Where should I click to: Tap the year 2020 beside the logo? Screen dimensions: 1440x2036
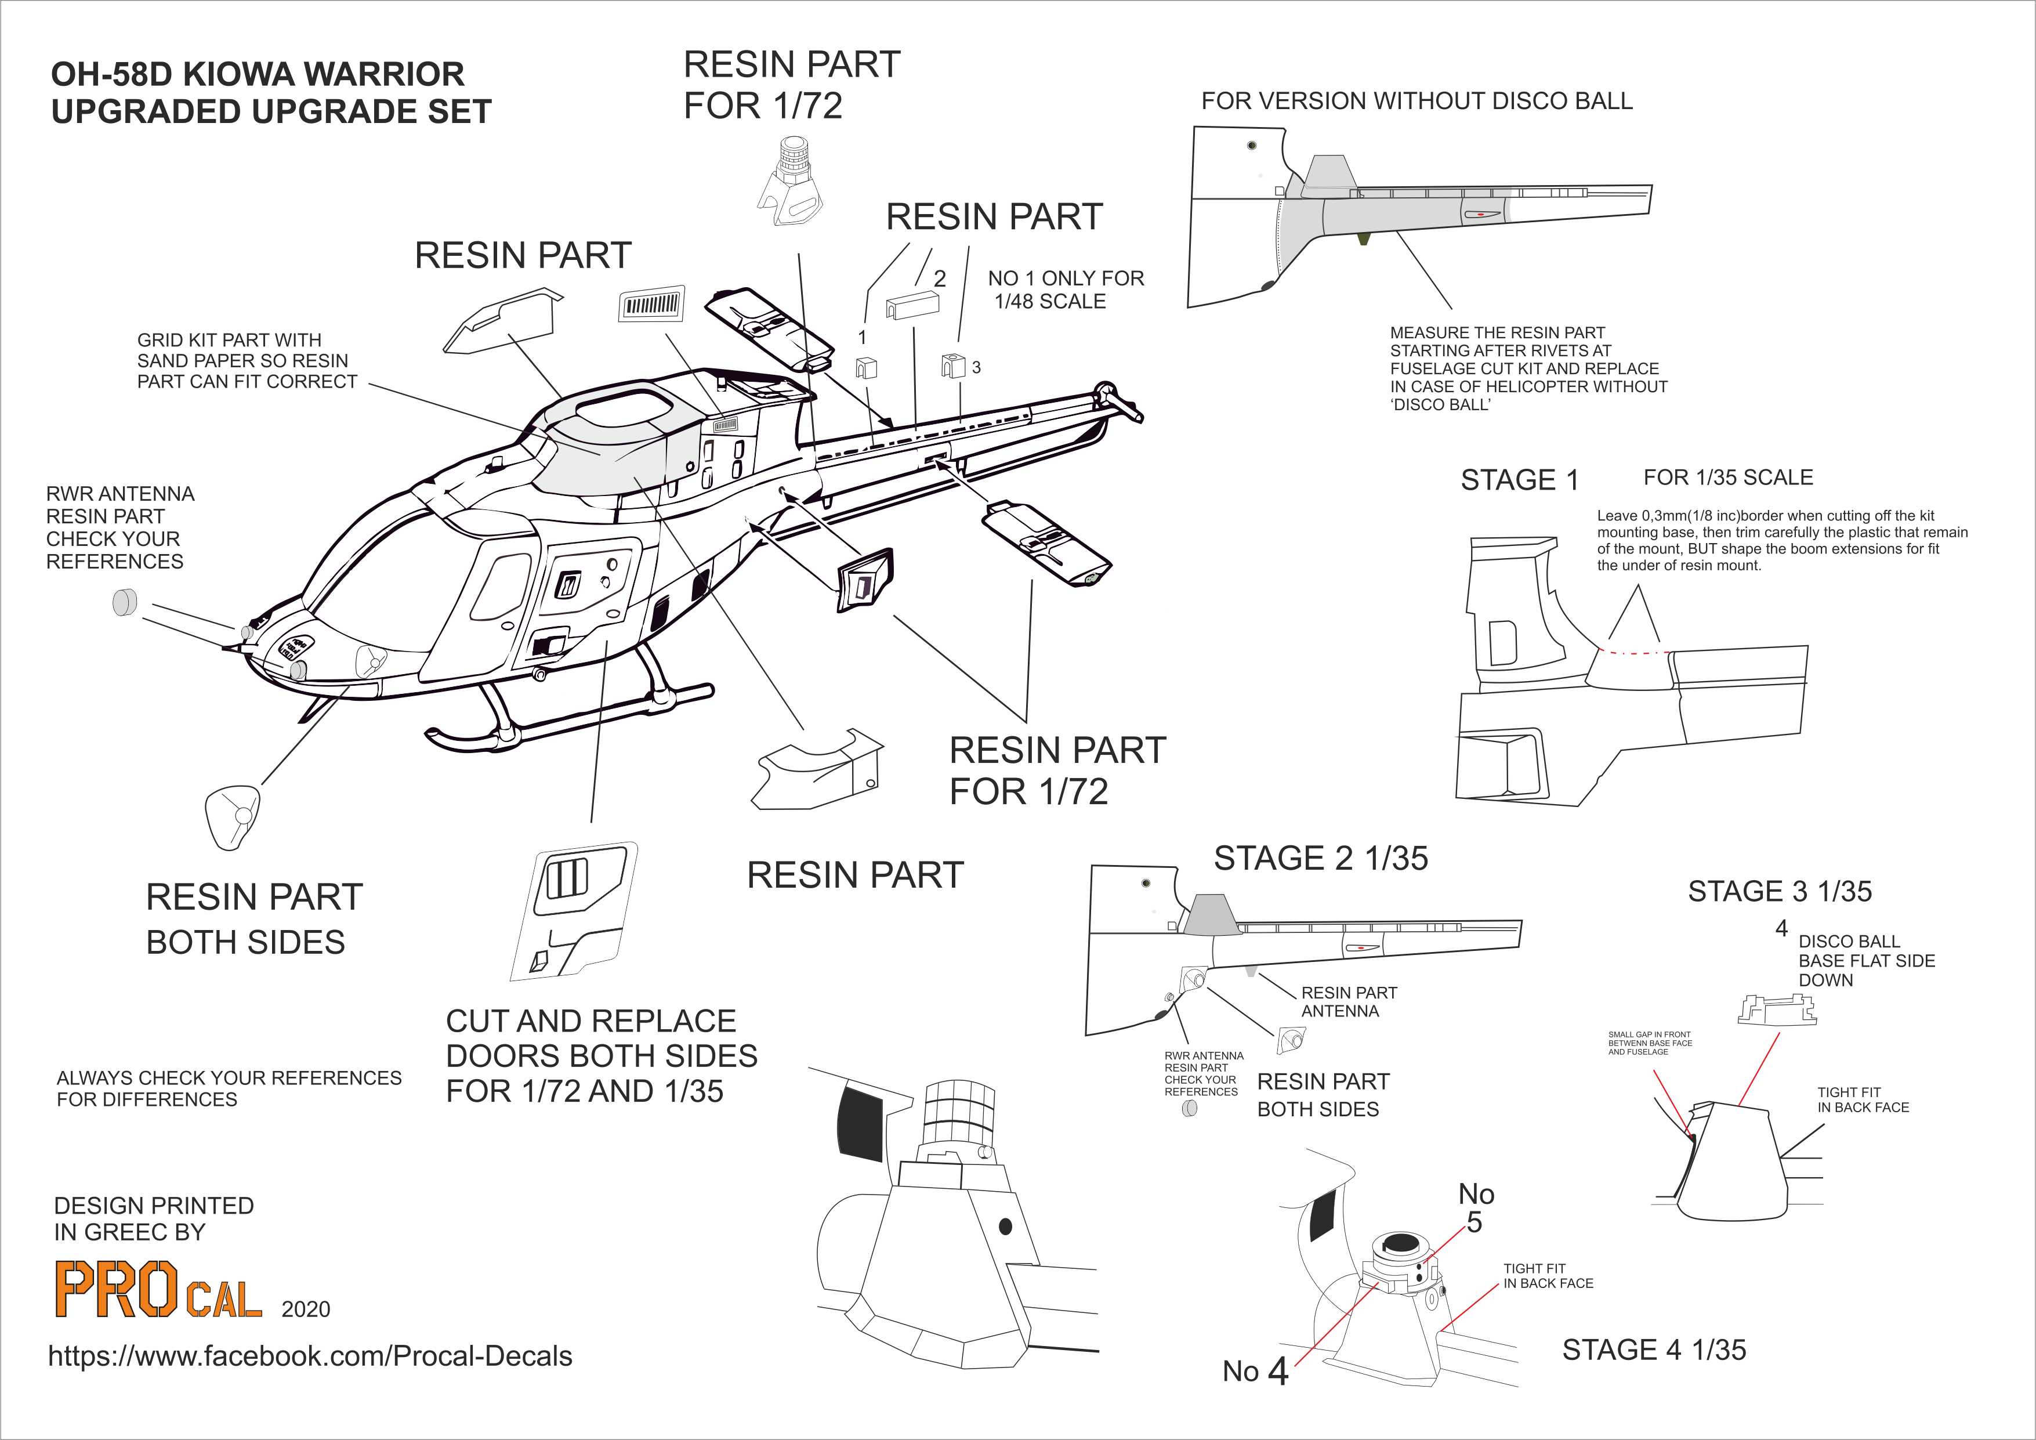coord(305,1309)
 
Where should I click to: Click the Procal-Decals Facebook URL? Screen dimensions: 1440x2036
coord(310,1356)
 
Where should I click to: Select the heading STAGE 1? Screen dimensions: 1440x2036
coord(1520,480)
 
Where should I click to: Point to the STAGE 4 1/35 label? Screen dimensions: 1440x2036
coord(1654,1349)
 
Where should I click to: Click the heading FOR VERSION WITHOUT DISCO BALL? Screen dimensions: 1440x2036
coord(1416,101)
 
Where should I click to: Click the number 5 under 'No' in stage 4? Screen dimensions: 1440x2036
coord(1474,1223)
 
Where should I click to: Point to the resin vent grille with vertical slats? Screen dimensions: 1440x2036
coord(652,306)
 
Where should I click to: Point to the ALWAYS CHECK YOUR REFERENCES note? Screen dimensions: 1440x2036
coord(229,1088)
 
